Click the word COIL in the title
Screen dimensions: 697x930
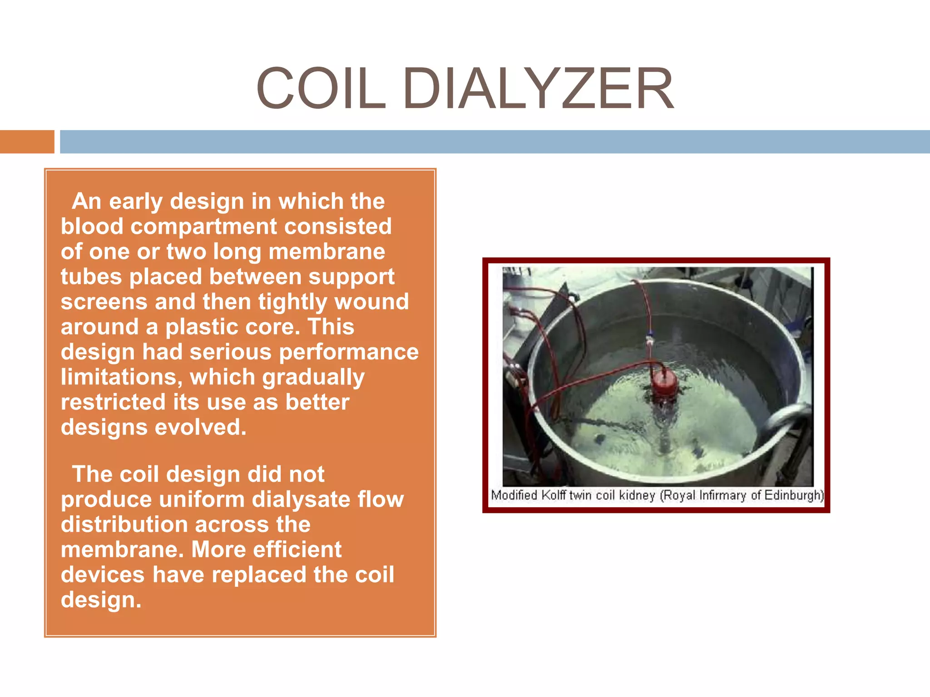(321, 89)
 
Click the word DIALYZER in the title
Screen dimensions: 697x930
(538, 89)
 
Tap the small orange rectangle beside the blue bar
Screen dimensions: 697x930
(27, 142)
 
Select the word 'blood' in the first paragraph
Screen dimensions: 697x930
(92, 226)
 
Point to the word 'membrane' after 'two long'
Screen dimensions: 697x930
(326, 251)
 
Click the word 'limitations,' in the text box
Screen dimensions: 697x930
(121, 377)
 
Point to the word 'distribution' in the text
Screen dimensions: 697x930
(124, 525)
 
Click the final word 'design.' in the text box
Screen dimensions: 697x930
(101, 600)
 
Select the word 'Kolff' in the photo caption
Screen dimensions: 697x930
(554, 495)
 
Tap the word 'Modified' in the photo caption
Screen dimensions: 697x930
(514, 495)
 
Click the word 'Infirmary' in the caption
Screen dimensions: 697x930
(722, 495)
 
